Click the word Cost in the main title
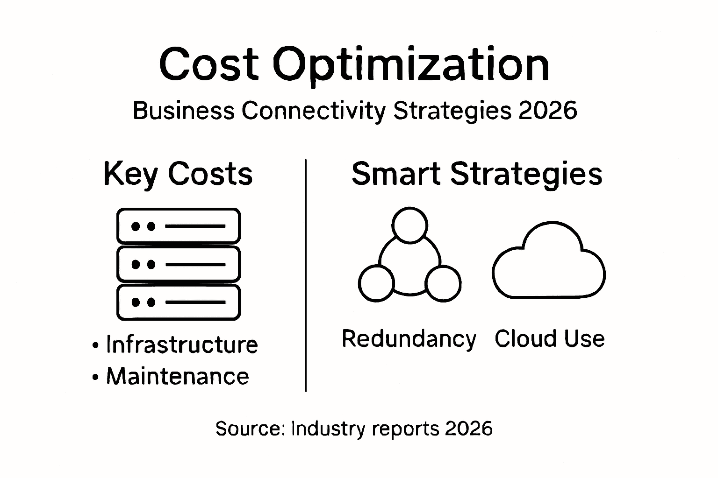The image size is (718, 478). point(208,64)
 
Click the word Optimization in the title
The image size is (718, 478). point(410,65)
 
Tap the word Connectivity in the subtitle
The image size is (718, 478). point(314,111)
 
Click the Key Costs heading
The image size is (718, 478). point(178,174)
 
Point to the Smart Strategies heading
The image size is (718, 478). point(477,174)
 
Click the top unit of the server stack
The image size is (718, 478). point(178,226)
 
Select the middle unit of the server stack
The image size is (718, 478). point(178,264)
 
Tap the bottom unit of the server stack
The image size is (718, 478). point(178,302)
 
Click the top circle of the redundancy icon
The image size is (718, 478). point(410,225)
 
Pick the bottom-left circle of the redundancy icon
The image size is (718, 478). point(376,283)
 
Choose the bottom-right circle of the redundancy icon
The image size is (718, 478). point(443,283)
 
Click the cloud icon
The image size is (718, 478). point(549,264)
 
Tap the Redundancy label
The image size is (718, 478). point(409,339)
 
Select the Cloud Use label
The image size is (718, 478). point(549,339)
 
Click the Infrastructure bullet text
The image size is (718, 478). point(182,345)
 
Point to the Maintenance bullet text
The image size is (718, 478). point(178,376)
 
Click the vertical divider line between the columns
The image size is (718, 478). point(306,275)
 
